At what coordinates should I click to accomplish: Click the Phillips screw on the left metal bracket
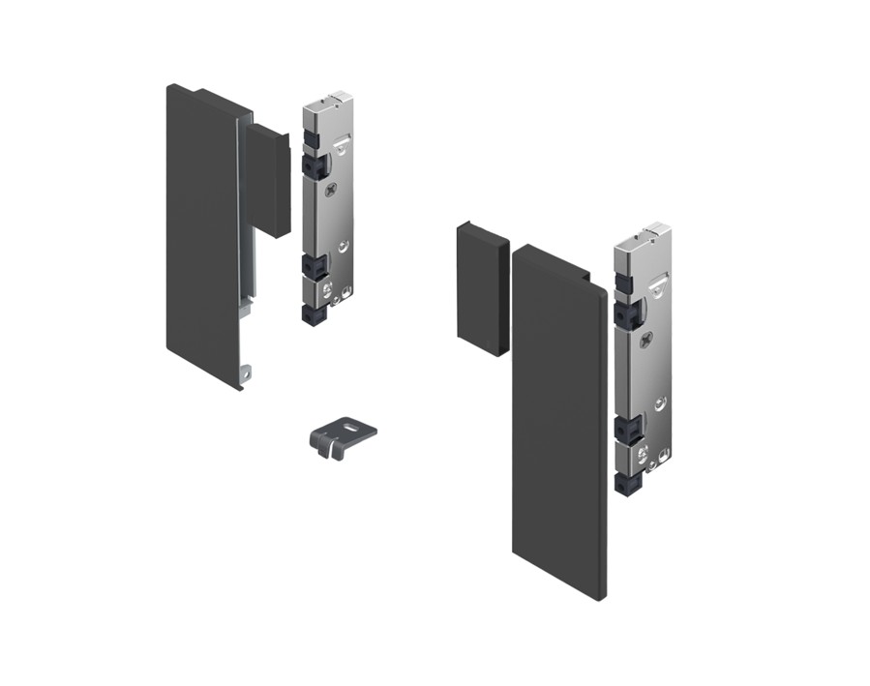pos(334,190)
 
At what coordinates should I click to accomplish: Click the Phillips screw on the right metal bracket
pos(646,338)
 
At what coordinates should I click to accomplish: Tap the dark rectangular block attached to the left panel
pos(266,180)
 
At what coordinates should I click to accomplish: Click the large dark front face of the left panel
pos(201,232)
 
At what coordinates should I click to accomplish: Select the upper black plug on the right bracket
pos(625,313)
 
